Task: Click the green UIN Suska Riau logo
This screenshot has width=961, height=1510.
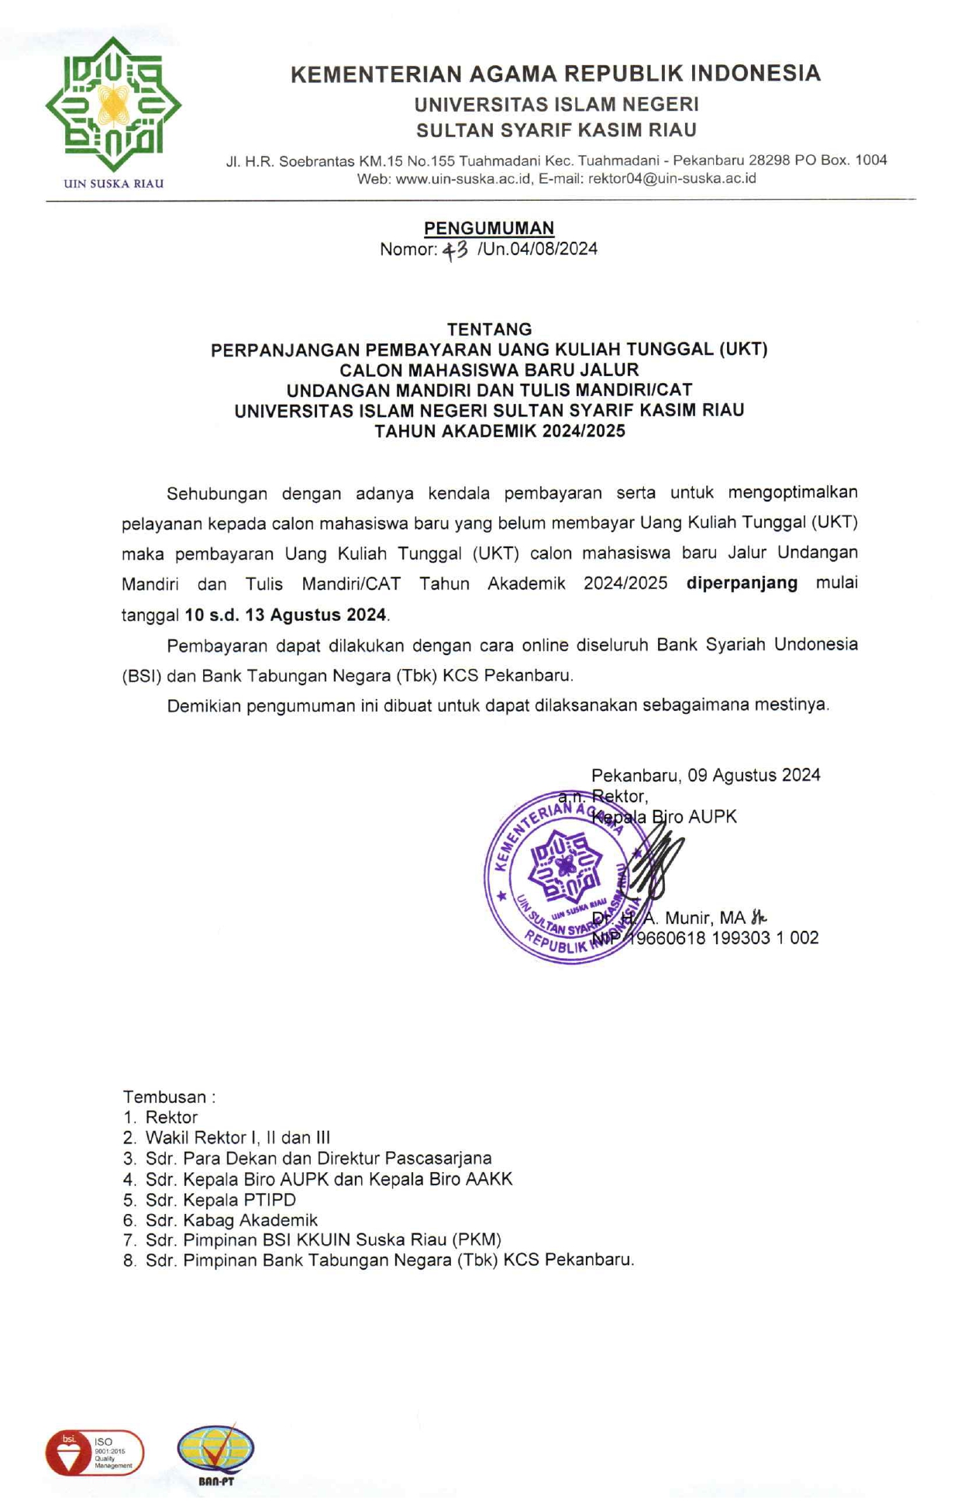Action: [113, 105]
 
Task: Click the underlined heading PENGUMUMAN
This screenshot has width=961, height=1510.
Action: [488, 228]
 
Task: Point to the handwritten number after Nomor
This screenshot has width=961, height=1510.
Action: [456, 250]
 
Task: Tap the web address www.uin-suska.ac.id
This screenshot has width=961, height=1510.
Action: [463, 178]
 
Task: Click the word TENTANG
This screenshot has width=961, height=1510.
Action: [489, 329]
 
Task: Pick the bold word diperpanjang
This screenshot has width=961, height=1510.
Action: [742, 583]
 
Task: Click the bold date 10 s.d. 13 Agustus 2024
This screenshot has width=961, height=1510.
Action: [285, 615]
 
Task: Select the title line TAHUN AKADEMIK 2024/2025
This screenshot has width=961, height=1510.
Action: [500, 431]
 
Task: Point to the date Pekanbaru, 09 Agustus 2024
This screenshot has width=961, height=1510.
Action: [705, 775]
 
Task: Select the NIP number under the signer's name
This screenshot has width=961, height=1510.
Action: [705, 938]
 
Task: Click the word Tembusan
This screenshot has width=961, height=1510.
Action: [164, 1097]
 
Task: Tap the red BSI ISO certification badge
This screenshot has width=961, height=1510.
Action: [95, 1453]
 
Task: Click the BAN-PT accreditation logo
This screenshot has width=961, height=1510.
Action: [215, 1453]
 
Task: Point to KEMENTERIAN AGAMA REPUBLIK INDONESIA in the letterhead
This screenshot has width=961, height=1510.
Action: [555, 74]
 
